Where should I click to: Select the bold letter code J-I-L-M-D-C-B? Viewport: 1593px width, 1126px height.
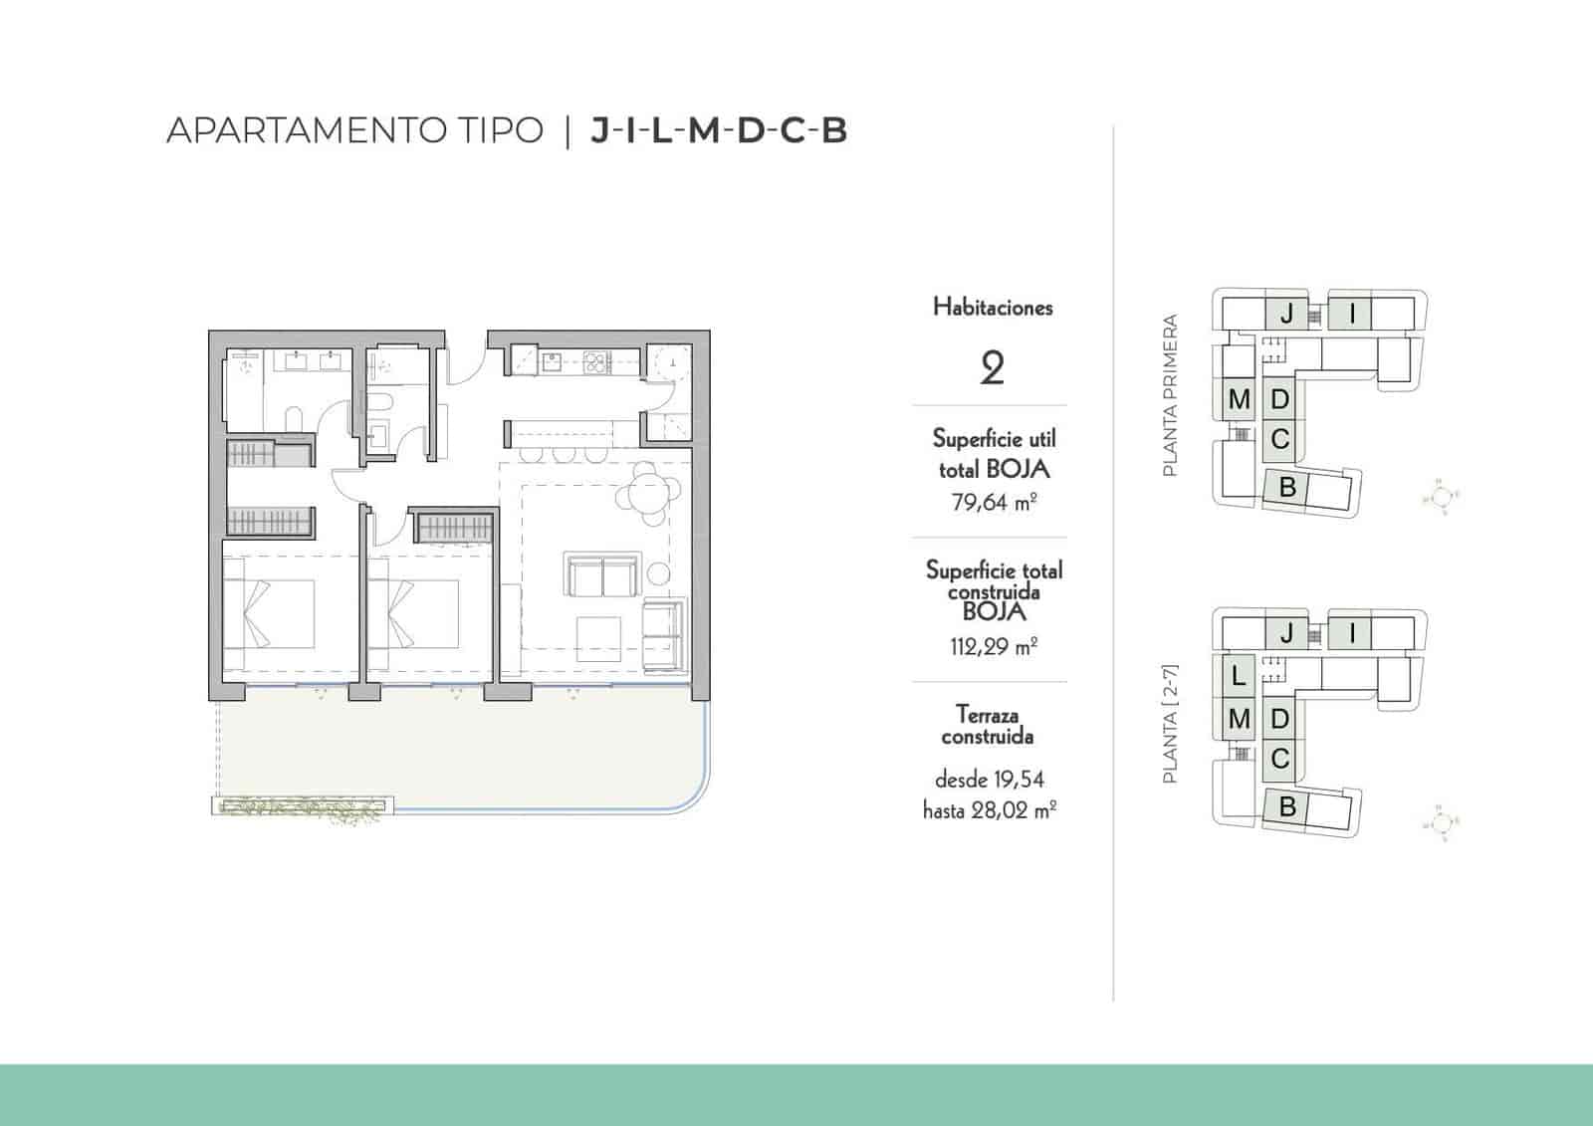[719, 130]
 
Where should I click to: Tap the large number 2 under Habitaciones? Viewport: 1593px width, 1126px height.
[992, 369]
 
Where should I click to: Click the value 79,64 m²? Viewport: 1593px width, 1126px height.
[994, 502]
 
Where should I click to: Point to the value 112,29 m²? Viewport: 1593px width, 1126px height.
[994, 646]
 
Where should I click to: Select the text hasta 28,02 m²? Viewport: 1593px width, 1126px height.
[990, 810]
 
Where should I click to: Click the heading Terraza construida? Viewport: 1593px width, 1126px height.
[988, 725]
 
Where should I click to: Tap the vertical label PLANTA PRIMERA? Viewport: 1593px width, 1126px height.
[1170, 395]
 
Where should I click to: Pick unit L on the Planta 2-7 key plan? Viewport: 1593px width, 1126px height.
[1238, 676]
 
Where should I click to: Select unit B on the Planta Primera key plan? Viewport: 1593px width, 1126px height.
[1287, 488]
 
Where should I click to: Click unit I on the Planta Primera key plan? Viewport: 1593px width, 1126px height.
[1352, 315]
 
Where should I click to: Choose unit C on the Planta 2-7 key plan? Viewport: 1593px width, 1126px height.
[1280, 759]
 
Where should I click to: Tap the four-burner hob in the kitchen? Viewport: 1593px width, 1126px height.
[594, 360]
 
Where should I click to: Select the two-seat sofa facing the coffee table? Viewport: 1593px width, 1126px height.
[600, 574]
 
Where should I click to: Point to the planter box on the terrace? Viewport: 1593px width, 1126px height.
[302, 806]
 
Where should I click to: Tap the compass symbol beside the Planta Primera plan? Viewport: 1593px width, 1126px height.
[1445, 496]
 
